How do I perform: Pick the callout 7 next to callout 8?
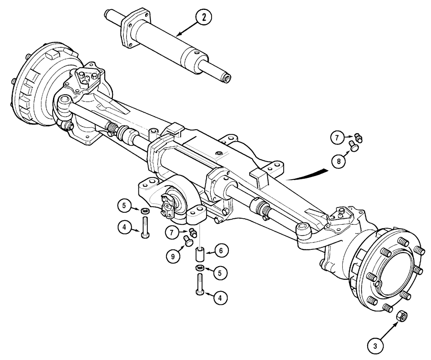(x=337, y=138)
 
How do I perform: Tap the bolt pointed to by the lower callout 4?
(x=200, y=285)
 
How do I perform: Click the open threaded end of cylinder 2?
(x=226, y=78)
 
